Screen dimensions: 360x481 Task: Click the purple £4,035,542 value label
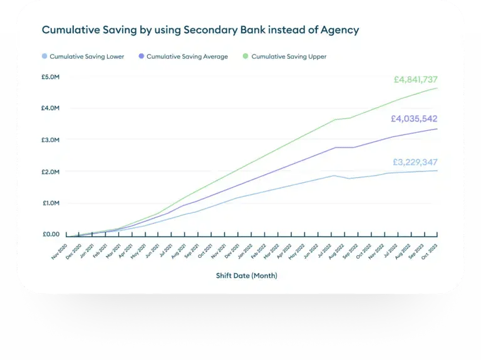pos(414,118)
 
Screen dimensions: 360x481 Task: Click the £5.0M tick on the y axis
pos(51,76)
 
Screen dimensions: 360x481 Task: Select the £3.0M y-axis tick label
pos(51,140)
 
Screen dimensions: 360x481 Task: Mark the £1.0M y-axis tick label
pos(51,203)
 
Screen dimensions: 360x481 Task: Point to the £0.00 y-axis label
pos(51,235)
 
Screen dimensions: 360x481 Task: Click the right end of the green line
pos(437,88)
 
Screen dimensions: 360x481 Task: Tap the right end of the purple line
pos(437,129)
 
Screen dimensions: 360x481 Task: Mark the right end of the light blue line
pos(437,170)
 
